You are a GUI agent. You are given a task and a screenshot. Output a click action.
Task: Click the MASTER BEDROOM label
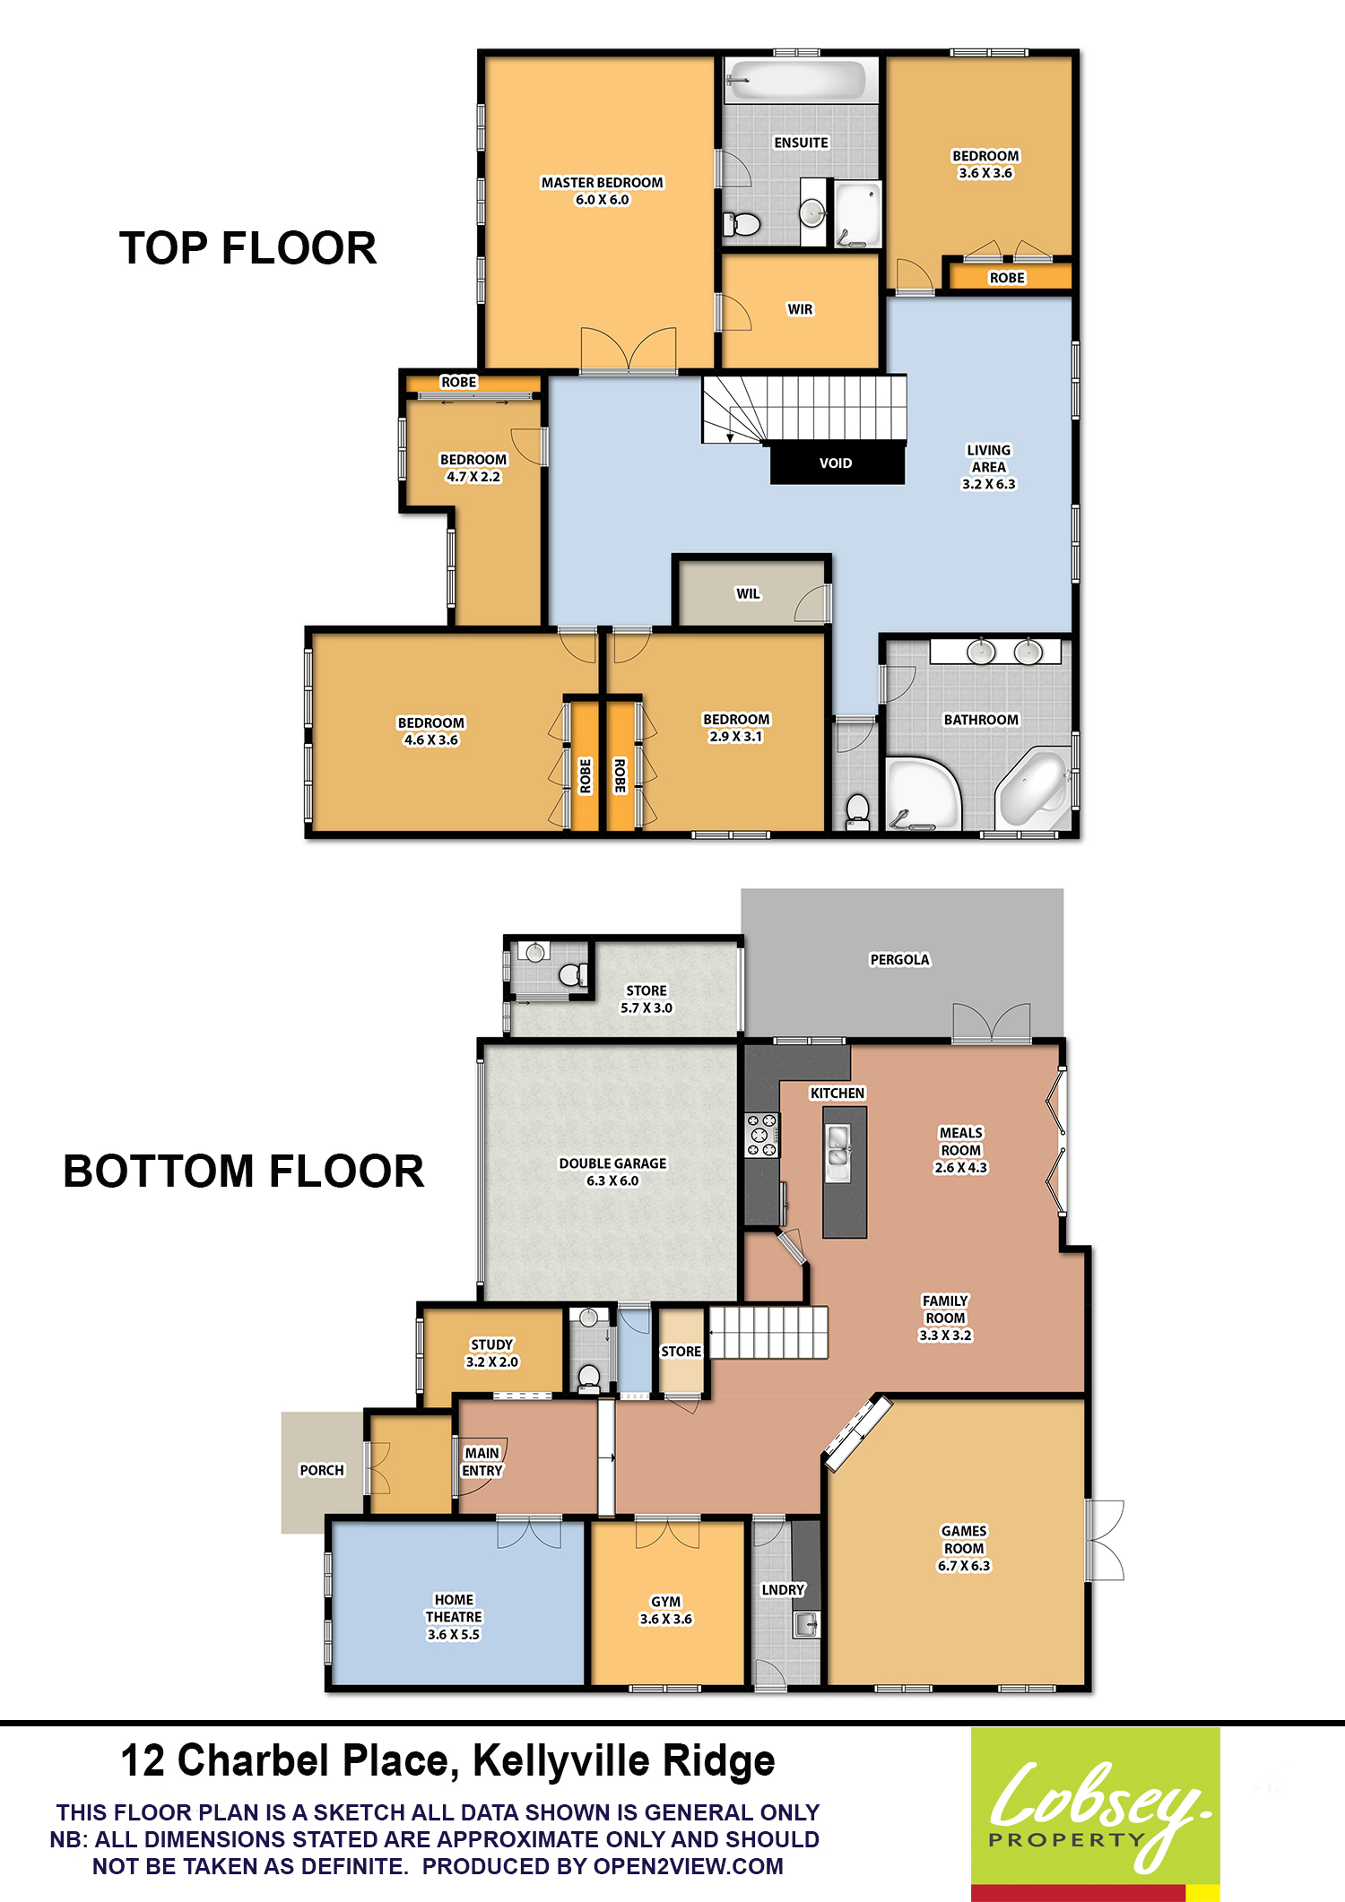[x=603, y=182]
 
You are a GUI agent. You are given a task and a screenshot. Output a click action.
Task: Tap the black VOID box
[x=837, y=463]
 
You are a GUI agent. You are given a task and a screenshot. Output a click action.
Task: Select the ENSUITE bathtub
[x=796, y=81]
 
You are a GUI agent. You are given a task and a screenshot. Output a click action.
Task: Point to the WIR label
[x=800, y=309]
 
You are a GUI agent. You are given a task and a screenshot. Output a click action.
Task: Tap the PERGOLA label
[x=900, y=959]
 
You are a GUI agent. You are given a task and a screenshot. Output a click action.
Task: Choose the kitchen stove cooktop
[x=762, y=1135]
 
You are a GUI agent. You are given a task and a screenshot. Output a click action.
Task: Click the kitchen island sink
[x=837, y=1146]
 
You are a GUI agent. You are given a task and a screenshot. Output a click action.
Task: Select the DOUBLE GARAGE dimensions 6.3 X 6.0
[x=612, y=1180]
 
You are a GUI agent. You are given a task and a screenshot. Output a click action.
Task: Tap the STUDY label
[x=492, y=1344]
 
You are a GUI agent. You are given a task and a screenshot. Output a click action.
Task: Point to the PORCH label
[x=322, y=1470]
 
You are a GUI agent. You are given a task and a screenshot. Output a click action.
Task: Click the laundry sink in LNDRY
[x=805, y=1624]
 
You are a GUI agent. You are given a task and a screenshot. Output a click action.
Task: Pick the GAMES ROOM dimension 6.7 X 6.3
[x=964, y=1566]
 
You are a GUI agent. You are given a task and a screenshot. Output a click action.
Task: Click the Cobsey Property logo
[x=1096, y=1814]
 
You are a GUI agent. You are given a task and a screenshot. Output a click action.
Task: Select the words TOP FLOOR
[x=248, y=248]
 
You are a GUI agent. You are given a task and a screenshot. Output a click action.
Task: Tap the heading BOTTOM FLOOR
[x=244, y=1171]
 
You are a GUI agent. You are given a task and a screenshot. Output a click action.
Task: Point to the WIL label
[x=748, y=593]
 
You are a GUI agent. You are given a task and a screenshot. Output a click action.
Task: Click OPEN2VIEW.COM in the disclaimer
[x=689, y=1866]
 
